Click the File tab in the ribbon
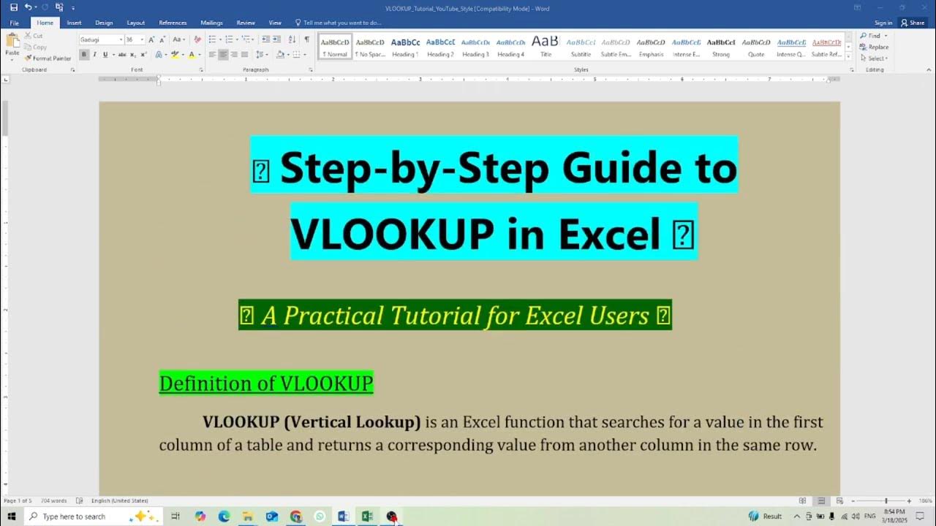tap(14, 23)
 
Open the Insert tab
tap(74, 23)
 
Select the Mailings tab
tap(211, 23)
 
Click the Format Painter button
tap(48, 58)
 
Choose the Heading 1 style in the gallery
tap(405, 47)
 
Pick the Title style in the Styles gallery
tap(546, 47)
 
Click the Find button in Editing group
tap(873, 36)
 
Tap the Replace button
tap(876, 47)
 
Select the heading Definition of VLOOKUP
tap(266, 384)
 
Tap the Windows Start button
tap(12, 517)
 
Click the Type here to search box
tap(80, 517)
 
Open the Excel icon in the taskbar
tap(367, 517)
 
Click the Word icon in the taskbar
tap(343, 517)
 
